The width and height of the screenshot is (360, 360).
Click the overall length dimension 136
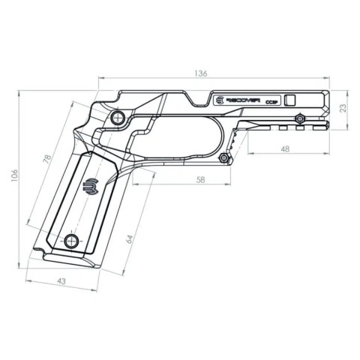coord(200,73)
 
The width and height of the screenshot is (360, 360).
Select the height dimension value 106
coord(14,175)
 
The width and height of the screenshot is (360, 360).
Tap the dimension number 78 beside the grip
coord(47,160)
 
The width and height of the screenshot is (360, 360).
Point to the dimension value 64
coord(128,238)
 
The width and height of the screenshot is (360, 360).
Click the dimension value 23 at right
coord(344,108)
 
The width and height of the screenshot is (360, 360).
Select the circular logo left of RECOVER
coord(219,99)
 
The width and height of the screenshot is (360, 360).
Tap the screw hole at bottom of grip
coord(71,240)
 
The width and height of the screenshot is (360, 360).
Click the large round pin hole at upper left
coord(117,119)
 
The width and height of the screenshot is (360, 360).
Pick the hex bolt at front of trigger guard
coord(223,158)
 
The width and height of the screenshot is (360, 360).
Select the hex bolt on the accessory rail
coord(300,118)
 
